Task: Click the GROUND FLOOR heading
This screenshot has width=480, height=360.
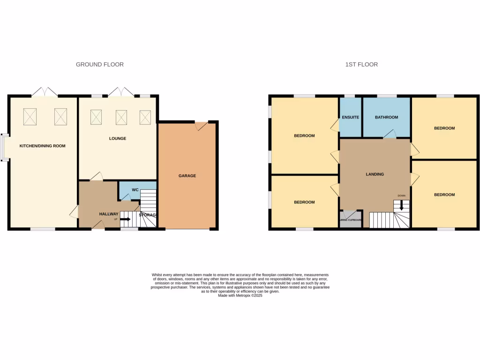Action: pos(100,64)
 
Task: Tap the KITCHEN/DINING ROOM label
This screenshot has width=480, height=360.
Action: pos(42,146)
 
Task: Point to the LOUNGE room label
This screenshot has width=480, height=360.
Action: pos(117,138)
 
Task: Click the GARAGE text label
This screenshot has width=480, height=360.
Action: pos(187,176)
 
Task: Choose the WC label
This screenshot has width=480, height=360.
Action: pos(135,190)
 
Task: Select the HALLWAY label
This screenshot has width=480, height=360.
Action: pos(109,214)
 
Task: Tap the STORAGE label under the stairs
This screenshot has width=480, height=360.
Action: pos(147,215)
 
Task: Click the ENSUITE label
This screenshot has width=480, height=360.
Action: pos(350,117)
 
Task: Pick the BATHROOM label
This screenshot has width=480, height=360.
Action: pos(387,117)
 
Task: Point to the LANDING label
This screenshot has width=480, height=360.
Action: pos(375,174)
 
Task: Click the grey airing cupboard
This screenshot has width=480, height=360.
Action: pos(351,219)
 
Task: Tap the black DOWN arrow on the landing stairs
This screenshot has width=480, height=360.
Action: pos(401,205)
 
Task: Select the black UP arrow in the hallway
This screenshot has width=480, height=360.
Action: pos(126,219)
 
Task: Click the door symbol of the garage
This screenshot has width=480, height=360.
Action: pos(202,126)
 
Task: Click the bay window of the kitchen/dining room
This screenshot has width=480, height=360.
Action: pos(4,148)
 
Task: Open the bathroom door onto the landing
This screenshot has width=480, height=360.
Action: pos(389,135)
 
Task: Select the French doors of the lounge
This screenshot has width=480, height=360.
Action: pos(121,91)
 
